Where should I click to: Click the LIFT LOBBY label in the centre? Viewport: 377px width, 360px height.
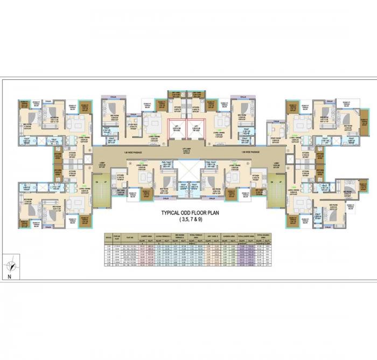pyautogui.click(x=185, y=149)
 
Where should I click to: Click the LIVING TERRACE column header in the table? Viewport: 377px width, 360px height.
pyautogui.click(x=161, y=236)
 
